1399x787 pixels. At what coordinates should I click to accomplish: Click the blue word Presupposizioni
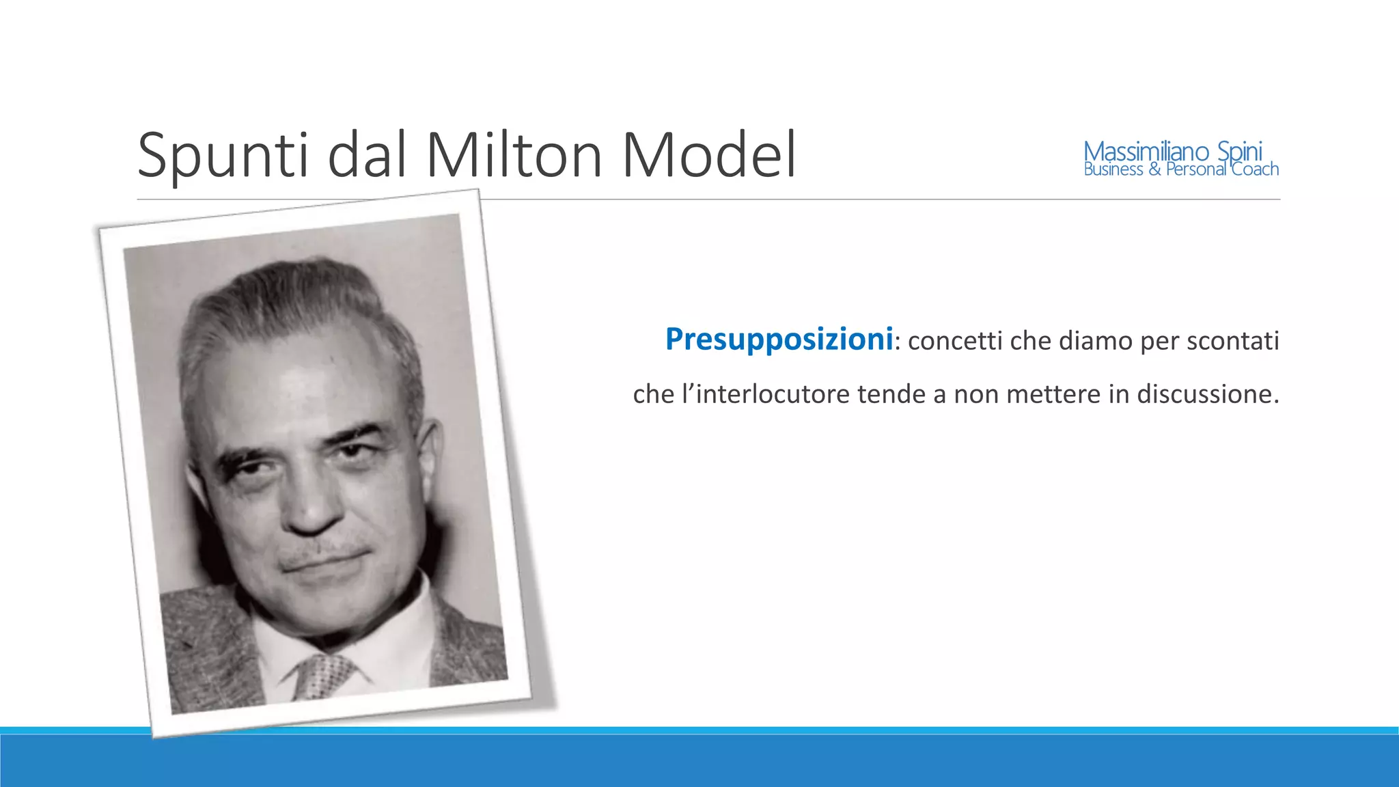(779, 340)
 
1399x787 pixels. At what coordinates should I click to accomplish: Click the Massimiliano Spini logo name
(1173, 151)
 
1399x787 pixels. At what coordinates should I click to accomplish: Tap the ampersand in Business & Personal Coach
(1154, 169)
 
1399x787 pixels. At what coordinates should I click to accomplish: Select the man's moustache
(321, 553)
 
